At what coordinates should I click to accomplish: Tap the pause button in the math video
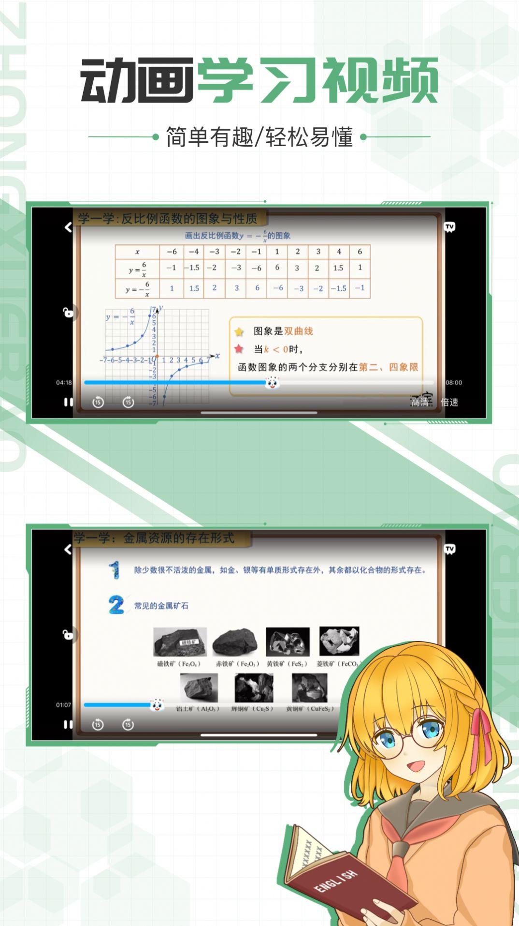pos(68,402)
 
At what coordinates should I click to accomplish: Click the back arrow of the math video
pos(68,227)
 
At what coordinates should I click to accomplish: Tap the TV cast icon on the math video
pos(450,227)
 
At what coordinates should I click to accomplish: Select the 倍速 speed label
pos(449,402)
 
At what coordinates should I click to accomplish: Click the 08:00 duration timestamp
pos(453,383)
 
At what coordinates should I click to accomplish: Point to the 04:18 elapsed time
pos(64,383)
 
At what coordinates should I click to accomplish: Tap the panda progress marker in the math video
pos(273,383)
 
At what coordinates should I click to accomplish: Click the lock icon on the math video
pos(68,313)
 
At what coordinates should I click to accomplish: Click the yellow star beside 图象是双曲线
pos(239,332)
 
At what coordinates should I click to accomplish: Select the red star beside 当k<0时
pos(239,349)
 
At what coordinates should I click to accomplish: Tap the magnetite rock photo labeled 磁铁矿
pos(180,642)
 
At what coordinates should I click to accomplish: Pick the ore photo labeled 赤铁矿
pos(235,642)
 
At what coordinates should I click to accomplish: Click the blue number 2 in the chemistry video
pos(116,605)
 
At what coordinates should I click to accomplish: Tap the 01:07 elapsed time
pos(63,705)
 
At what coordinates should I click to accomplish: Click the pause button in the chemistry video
pos(68,724)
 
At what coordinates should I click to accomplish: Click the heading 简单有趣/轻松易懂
pos(259,137)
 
